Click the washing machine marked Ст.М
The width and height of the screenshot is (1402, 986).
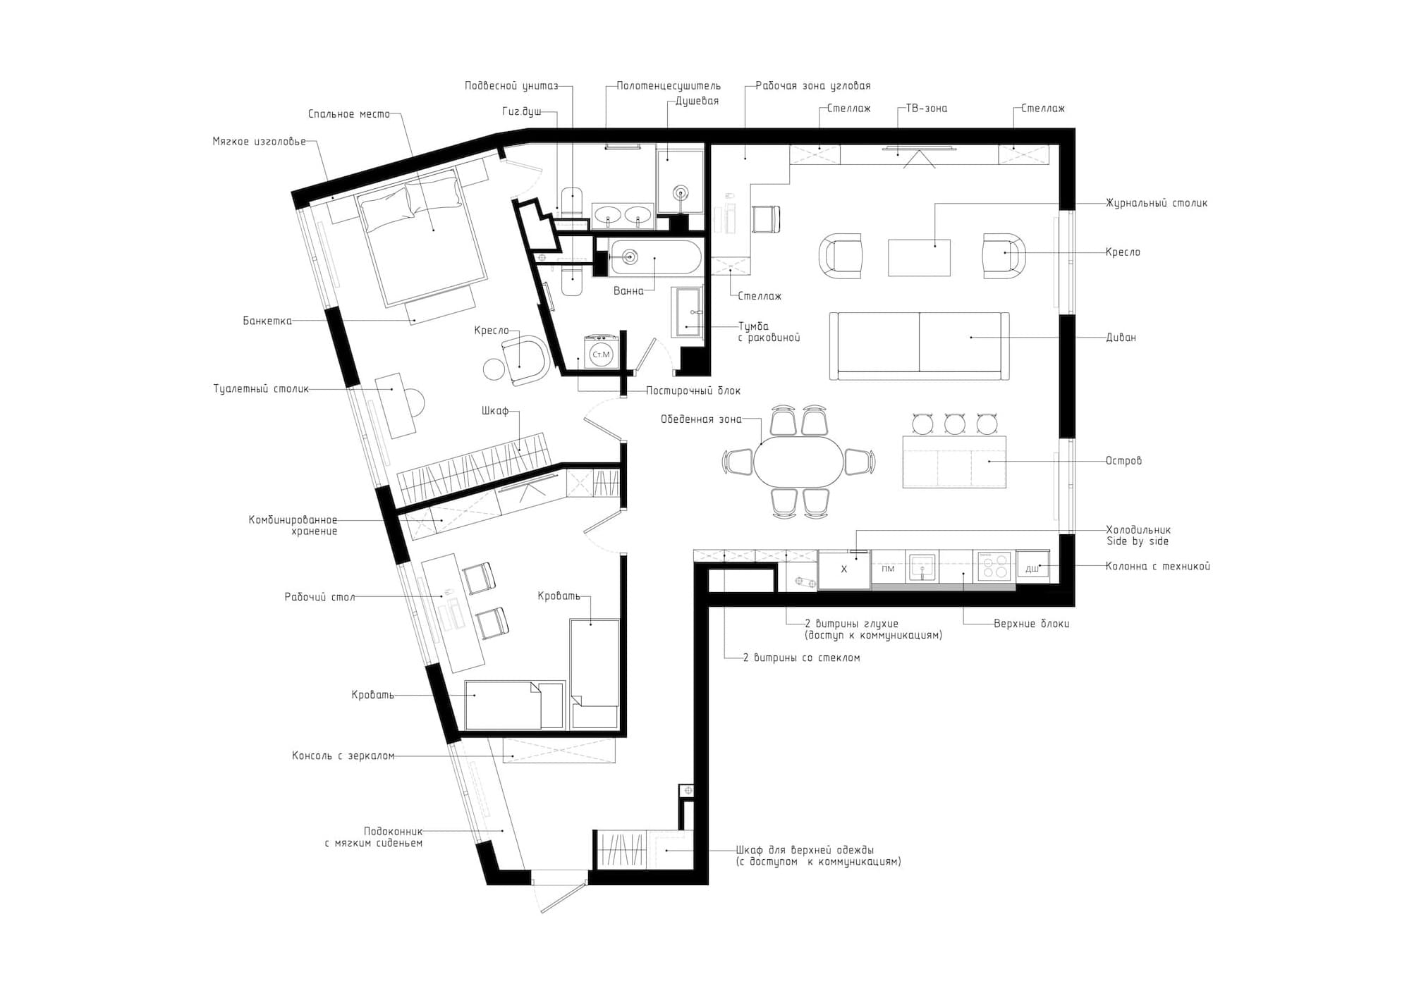(x=601, y=352)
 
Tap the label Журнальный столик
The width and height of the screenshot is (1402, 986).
(x=1156, y=203)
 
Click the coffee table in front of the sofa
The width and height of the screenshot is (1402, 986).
(x=919, y=257)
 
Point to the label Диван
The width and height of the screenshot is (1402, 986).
(x=1121, y=338)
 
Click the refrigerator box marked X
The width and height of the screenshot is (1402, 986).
(x=844, y=569)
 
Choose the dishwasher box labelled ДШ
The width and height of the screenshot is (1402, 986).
(x=1032, y=567)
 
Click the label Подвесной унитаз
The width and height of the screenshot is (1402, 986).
(x=511, y=86)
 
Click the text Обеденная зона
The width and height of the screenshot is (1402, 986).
(x=701, y=419)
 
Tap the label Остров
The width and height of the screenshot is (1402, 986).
(x=1123, y=461)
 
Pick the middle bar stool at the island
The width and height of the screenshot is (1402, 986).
(x=955, y=424)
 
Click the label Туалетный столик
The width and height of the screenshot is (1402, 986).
(x=261, y=389)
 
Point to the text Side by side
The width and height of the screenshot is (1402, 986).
(x=1138, y=541)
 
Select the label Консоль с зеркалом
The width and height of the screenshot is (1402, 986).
(x=343, y=756)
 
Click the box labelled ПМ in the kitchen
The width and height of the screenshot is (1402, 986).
(x=888, y=568)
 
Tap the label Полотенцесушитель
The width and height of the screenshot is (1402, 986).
(x=669, y=86)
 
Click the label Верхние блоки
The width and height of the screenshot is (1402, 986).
(x=1031, y=624)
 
